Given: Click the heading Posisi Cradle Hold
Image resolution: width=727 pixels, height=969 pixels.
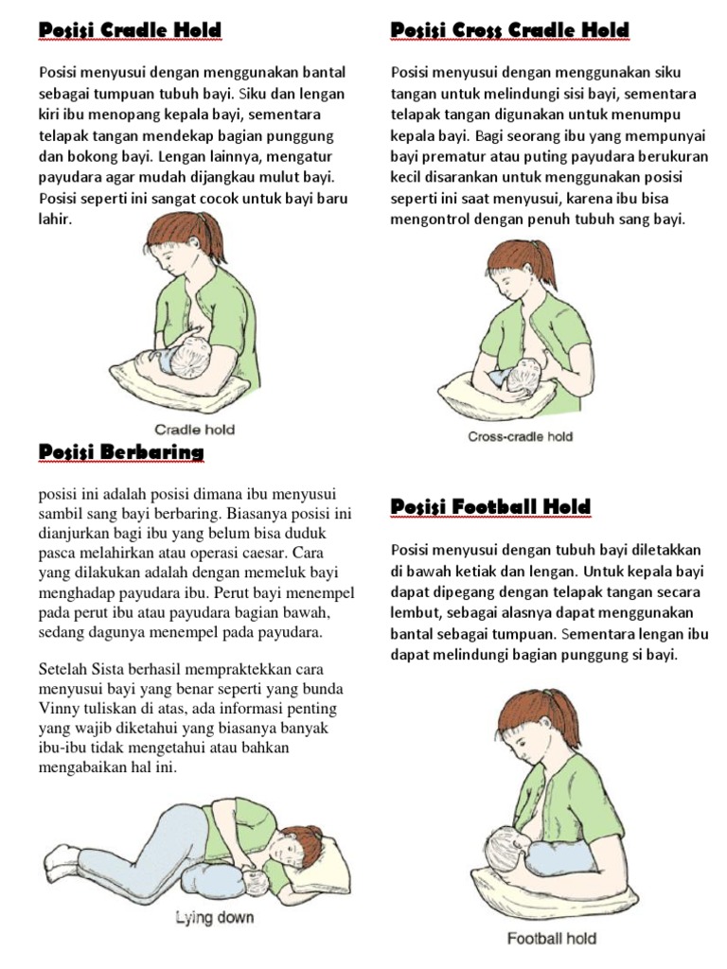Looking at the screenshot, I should pyautogui.click(x=130, y=31).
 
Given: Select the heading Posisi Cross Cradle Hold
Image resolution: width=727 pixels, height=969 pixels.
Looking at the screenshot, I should pyautogui.click(x=509, y=31).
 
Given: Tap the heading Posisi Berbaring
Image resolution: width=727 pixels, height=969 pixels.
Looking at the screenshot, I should pyautogui.click(x=120, y=452).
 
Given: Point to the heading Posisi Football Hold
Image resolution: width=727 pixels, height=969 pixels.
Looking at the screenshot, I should pyautogui.click(x=490, y=507).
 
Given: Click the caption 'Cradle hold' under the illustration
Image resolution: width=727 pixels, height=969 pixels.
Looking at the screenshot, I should pyautogui.click(x=194, y=429).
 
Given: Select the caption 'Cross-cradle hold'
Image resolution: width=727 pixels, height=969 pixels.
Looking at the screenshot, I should pyautogui.click(x=520, y=437).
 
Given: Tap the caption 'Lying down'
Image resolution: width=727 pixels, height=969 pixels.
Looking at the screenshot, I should pyautogui.click(x=214, y=917).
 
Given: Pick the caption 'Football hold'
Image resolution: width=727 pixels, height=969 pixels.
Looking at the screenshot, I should pyautogui.click(x=551, y=939).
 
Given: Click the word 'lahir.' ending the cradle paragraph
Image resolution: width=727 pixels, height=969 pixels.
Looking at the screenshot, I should pyautogui.click(x=56, y=220).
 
